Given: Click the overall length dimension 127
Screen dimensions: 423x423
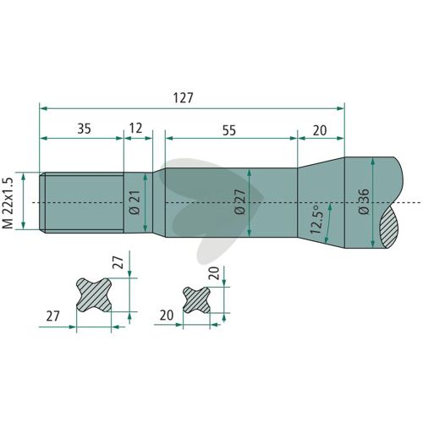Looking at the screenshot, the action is pyautogui.click(x=184, y=98).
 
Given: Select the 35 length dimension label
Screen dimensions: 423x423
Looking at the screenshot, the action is pyautogui.click(x=84, y=129).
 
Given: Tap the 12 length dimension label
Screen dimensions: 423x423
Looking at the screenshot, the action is pyautogui.click(x=135, y=129).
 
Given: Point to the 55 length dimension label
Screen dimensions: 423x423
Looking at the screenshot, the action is pyautogui.click(x=229, y=130).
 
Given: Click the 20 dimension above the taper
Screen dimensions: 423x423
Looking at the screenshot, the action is pyautogui.click(x=320, y=130).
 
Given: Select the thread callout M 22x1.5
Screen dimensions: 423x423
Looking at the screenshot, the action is pyautogui.click(x=8, y=203).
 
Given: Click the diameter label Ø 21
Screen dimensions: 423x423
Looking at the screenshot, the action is pyautogui.click(x=136, y=202).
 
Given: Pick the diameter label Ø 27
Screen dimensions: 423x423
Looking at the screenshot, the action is pyautogui.click(x=240, y=202).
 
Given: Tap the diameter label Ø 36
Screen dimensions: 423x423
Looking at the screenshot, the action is pyautogui.click(x=364, y=201).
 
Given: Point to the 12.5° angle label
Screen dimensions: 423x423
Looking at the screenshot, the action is pyautogui.click(x=316, y=220).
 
